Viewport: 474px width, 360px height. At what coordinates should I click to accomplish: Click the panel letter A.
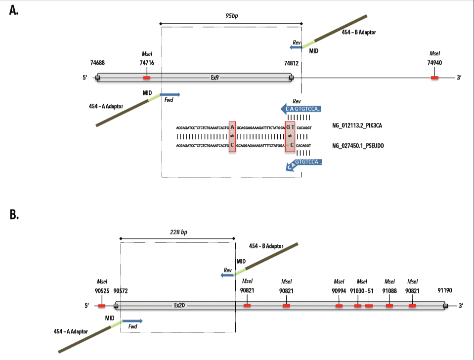point(14,11)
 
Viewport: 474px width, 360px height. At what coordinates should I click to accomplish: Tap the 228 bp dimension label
point(177,232)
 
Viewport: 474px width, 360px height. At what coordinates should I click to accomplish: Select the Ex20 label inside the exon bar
point(179,306)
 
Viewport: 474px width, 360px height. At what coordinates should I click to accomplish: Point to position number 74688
point(97,63)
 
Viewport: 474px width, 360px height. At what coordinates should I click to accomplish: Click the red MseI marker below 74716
point(147,78)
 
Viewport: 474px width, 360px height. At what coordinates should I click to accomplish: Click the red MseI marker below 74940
point(434,78)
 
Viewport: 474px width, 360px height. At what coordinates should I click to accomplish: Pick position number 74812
point(291,63)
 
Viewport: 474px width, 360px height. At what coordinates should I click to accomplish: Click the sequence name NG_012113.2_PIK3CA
point(356,127)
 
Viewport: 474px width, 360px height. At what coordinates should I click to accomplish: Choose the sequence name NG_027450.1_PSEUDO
point(357,146)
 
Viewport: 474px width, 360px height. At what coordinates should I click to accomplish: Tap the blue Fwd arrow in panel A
point(171,94)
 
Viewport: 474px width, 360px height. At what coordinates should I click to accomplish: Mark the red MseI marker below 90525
point(102,306)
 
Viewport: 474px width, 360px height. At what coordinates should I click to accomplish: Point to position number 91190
point(445,291)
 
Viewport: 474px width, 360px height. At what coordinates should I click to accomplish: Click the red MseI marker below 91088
point(389,306)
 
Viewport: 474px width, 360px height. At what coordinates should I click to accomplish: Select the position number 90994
point(339,291)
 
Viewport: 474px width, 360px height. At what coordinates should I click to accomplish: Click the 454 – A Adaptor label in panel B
point(71,331)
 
